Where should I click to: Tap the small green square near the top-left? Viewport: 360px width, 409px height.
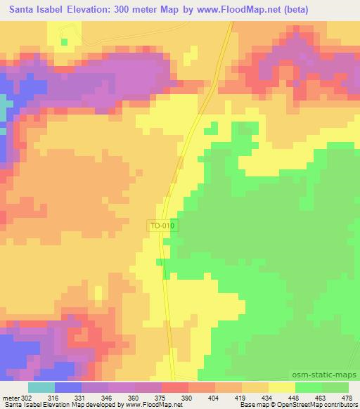65,42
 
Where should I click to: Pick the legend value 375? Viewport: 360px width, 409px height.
162,398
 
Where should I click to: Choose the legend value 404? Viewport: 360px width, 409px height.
215,398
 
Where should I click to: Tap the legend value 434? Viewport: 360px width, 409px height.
268,398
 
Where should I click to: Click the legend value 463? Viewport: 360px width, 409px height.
321,398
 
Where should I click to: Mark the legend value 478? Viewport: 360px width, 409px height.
347,398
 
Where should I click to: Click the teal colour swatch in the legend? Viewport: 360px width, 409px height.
41,387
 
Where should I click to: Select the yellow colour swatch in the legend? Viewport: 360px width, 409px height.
281,387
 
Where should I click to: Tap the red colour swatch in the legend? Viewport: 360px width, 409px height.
175,387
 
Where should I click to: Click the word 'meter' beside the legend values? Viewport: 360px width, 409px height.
10,398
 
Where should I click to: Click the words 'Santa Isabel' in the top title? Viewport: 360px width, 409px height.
33,8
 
